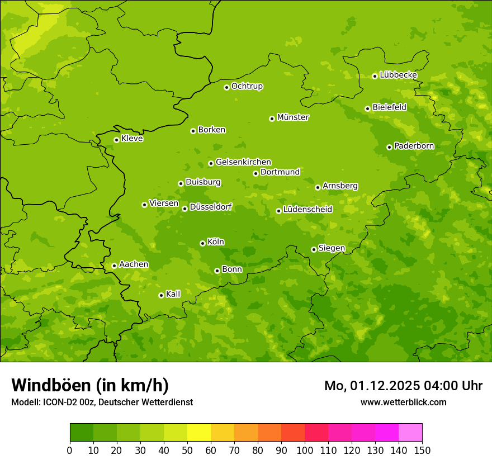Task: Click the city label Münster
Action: (x=293, y=117)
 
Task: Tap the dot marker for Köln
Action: (x=202, y=243)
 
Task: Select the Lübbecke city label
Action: (x=398, y=75)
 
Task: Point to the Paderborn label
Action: (x=414, y=146)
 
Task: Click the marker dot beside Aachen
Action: (x=114, y=266)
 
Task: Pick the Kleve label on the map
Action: (x=132, y=139)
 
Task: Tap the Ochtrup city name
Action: (x=247, y=86)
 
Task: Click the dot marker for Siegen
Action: (x=314, y=249)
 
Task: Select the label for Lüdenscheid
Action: (x=307, y=210)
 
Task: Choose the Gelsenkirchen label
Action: (x=243, y=162)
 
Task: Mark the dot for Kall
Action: (x=161, y=295)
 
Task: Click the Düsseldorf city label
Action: (x=210, y=207)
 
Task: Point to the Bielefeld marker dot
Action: (x=367, y=108)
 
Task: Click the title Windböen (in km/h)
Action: (x=90, y=385)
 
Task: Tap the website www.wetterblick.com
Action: (x=403, y=402)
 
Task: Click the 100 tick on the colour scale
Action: (x=305, y=450)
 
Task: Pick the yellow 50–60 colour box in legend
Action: (x=199, y=433)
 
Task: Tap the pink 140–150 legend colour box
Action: (x=410, y=433)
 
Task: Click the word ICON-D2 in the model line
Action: (x=58, y=402)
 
